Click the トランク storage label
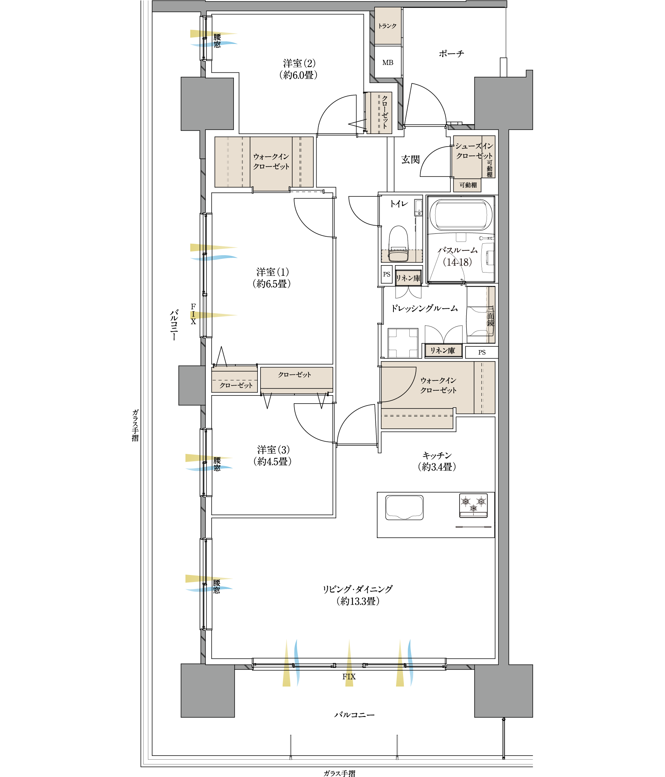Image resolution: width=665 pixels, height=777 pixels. click(x=387, y=26)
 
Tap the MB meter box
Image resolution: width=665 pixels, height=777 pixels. click(x=388, y=62)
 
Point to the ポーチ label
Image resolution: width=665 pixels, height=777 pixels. click(x=451, y=54)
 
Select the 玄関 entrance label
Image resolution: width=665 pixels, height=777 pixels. click(x=410, y=160)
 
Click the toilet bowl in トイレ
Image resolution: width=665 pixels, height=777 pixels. click(x=398, y=244)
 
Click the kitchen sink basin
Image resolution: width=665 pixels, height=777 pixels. click(x=404, y=507)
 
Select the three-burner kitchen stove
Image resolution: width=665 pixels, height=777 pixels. click(x=473, y=505)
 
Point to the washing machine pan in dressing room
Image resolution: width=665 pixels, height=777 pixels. click(x=403, y=343)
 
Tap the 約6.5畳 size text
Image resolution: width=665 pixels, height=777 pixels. click(x=272, y=284)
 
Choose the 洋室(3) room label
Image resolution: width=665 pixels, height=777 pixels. click(x=273, y=449)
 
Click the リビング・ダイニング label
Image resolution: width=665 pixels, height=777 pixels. click(x=358, y=589)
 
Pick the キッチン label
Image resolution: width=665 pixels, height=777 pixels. click(x=437, y=455)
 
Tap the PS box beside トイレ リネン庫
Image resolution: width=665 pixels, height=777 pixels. click(x=387, y=274)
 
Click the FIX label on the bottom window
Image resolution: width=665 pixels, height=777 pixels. click(x=349, y=677)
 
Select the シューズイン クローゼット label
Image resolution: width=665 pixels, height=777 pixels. click(x=474, y=151)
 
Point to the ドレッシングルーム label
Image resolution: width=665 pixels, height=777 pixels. click(x=424, y=308)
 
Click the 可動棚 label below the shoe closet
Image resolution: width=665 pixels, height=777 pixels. click(x=468, y=185)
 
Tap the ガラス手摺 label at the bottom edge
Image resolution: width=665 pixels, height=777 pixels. click(x=340, y=773)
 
